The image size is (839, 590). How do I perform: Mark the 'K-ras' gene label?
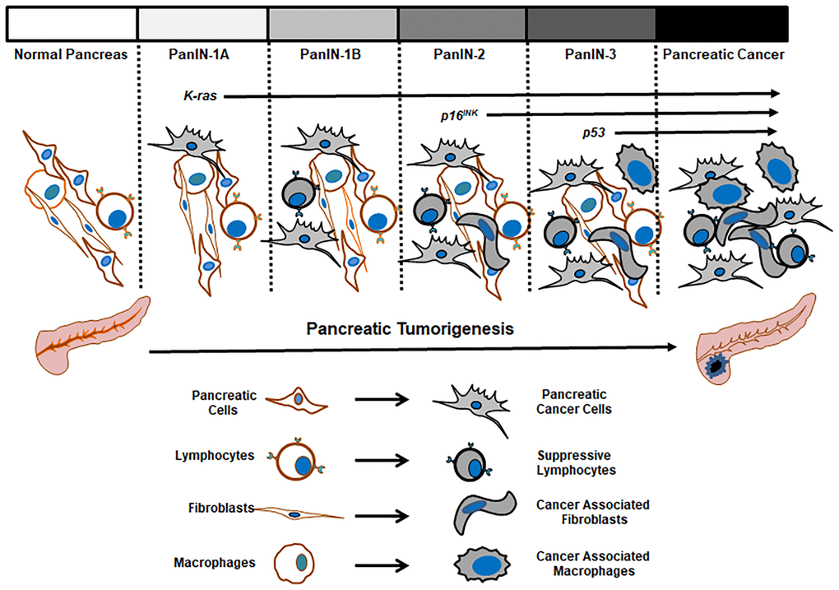pos(201,96)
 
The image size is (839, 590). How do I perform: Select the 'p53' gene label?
pos(594,132)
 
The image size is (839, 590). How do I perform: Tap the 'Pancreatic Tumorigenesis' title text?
pos(410,329)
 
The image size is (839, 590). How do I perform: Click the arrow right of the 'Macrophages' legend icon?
pos(382,566)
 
